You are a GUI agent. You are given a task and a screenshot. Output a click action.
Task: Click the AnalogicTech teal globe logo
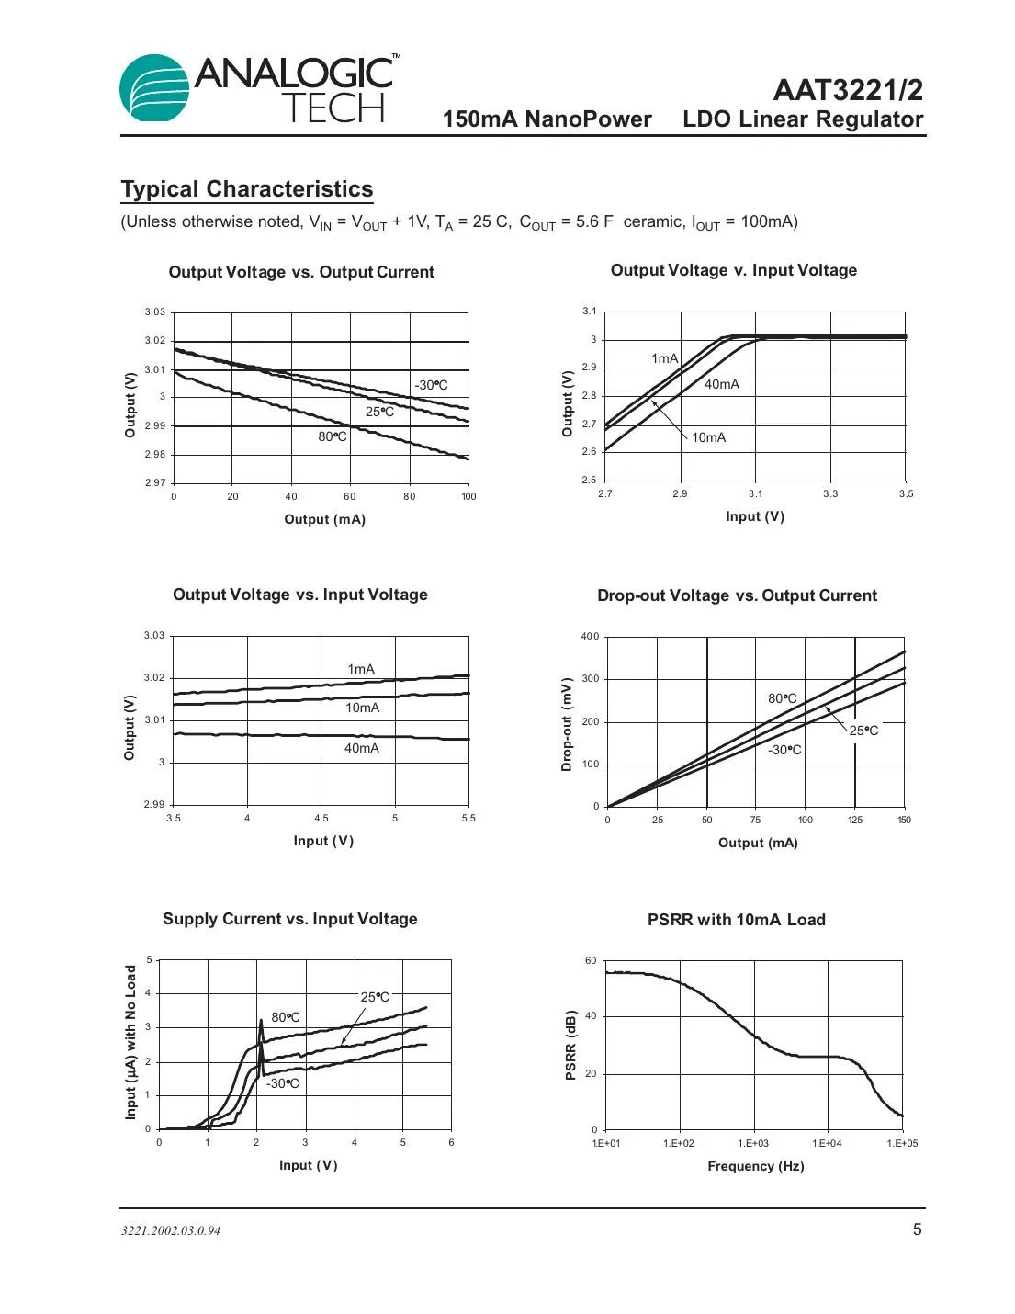pyautogui.click(x=154, y=88)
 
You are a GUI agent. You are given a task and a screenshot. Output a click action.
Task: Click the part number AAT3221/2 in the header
pyautogui.click(x=847, y=90)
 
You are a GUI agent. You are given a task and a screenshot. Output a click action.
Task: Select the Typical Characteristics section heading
pyautogui.click(x=247, y=189)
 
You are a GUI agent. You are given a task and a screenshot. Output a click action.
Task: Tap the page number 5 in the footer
pyautogui.click(x=916, y=1229)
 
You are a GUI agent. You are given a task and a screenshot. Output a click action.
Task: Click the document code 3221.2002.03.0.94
pyautogui.click(x=171, y=1231)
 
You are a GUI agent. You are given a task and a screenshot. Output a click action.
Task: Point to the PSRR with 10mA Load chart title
pyautogui.click(x=736, y=920)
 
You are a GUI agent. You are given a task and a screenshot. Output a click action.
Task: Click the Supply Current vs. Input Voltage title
pyautogui.click(x=289, y=919)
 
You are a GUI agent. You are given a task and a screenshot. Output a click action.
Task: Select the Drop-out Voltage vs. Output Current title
pyautogui.click(x=737, y=595)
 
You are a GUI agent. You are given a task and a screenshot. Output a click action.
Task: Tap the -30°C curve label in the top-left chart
pyautogui.click(x=431, y=385)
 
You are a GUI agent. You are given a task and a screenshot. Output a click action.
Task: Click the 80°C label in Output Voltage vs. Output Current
pyautogui.click(x=333, y=436)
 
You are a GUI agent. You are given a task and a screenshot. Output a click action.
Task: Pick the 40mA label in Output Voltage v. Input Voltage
pyautogui.click(x=721, y=384)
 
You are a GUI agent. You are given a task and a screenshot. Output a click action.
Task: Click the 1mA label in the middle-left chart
pyautogui.click(x=361, y=669)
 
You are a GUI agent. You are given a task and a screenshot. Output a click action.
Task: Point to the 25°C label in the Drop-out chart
pyautogui.click(x=863, y=731)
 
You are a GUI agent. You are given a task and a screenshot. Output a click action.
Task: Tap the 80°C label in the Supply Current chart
pyautogui.click(x=286, y=1017)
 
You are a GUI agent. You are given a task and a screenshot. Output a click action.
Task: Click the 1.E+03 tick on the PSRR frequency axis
pyautogui.click(x=753, y=1143)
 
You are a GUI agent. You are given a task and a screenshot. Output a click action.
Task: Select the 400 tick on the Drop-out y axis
pyautogui.click(x=590, y=636)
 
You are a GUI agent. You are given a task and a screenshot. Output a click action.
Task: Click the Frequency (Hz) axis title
pyautogui.click(x=755, y=1166)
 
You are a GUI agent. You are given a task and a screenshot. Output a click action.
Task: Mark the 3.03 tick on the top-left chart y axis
pyautogui.click(x=154, y=312)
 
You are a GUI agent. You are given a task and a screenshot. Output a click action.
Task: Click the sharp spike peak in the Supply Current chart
pyautogui.click(x=261, y=1019)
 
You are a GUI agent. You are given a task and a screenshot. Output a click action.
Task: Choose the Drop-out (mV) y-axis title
pyautogui.click(x=567, y=724)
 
